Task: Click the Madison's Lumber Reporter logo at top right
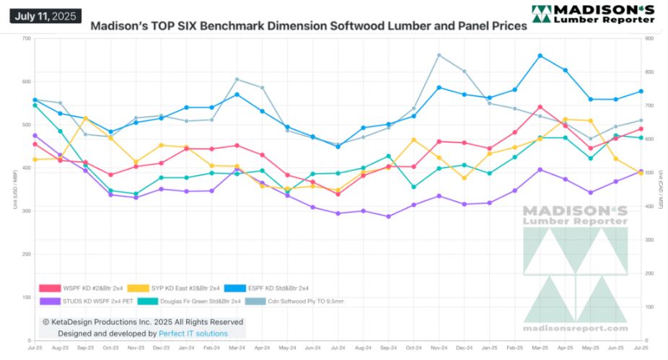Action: [x=593, y=13]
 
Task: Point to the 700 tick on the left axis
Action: [x=26, y=38]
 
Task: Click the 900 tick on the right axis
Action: [x=649, y=38]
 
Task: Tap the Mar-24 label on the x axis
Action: [x=237, y=348]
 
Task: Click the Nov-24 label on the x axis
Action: [x=439, y=348]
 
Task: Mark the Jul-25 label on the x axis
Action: [x=640, y=348]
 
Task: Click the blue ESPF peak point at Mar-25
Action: [x=540, y=56]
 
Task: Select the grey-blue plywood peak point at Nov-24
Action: [x=439, y=55]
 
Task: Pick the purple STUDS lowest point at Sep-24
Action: [x=388, y=216]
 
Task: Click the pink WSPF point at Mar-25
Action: [x=540, y=107]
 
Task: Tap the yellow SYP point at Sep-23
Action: [x=85, y=118]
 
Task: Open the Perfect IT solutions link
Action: [x=194, y=334]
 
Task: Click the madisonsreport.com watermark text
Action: [x=575, y=329]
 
